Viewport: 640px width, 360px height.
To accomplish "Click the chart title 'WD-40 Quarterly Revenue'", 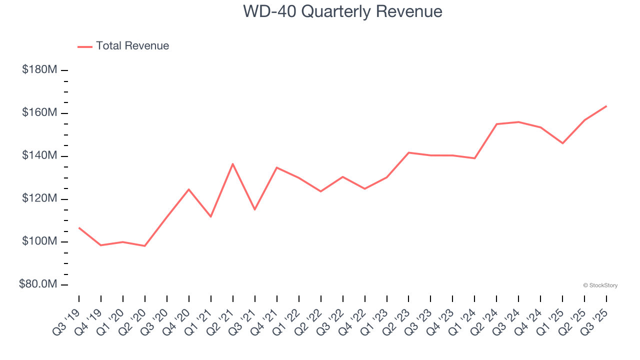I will click(x=342, y=11).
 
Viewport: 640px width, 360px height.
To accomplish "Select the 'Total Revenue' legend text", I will click(x=132, y=46).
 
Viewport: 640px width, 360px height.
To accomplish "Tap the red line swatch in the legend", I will click(x=85, y=46).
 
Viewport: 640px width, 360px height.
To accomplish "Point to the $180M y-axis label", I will click(x=39, y=70).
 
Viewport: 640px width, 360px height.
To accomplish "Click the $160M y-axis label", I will click(x=39, y=113).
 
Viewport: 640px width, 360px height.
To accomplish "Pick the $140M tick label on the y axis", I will click(x=39, y=156).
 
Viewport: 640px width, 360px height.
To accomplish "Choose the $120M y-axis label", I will click(x=39, y=199).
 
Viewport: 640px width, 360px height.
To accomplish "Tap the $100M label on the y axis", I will click(x=39, y=242).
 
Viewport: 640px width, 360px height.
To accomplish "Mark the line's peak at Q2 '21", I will click(x=233, y=164).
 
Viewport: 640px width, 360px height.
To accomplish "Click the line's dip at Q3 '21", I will click(x=255, y=209).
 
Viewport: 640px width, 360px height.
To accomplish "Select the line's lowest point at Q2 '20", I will click(x=145, y=246).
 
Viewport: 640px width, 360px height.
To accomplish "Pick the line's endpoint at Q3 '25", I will click(x=606, y=106).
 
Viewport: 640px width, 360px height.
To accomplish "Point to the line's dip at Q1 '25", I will click(x=562, y=143).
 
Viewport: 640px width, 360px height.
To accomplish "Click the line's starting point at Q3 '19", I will click(x=79, y=228).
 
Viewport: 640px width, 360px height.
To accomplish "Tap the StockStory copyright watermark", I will click(x=600, y=285).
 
